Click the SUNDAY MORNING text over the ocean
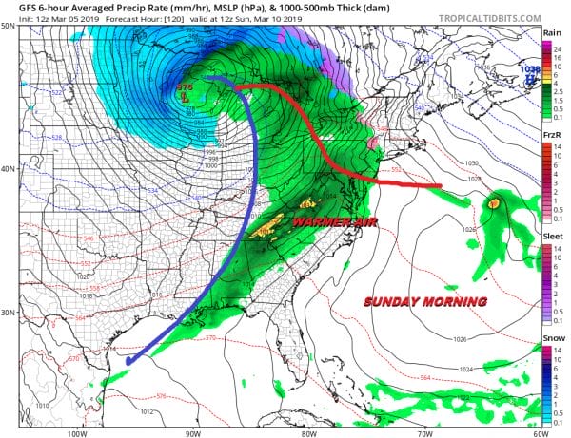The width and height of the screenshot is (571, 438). pos(425,301)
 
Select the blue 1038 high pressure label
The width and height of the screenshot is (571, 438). pos(530,69)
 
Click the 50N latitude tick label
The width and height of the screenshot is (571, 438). pos(8,27)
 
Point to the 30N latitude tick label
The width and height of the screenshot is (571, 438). pos(8,313)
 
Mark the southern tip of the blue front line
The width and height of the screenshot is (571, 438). pos(128,361)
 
